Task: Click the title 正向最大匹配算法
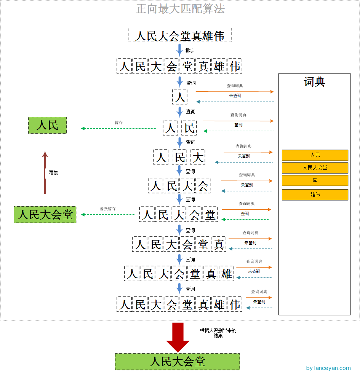pos(180,8)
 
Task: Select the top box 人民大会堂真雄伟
pos(180,35)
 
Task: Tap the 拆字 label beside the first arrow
pos(190,50)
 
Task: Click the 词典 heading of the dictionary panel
pos(314,82)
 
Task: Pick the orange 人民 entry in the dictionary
pos(315,155)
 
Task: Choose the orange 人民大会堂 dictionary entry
pos(315,167)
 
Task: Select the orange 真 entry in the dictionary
pos(315,180)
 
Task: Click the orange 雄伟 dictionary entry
pos(315,194)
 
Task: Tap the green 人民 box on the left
pos(48,125)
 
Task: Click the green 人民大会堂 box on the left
pos(45,214)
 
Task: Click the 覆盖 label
pos(53,172)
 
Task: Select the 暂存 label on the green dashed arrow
pos(119,123)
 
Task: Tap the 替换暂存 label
pos(108,209)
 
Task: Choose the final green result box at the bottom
pos(178,361)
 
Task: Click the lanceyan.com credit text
pos(328,368)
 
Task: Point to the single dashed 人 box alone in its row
pos(180,97)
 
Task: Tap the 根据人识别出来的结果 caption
pos(218,333)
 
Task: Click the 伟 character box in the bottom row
pos(235,304)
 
